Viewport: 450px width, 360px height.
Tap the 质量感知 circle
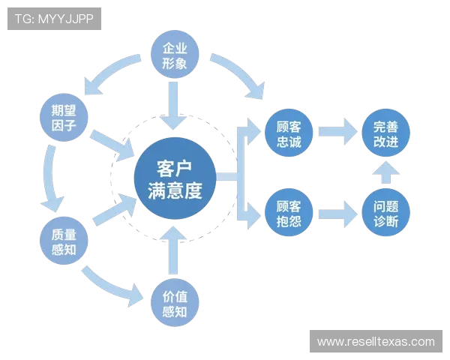pos(64,240)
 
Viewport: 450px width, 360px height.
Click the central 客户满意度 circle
pos(175,178)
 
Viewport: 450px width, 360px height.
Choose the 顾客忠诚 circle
pos(289,133)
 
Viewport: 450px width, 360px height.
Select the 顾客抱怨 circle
pos(289,214)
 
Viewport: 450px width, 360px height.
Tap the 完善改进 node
pos(386,133)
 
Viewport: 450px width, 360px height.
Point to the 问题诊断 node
pos(386,214)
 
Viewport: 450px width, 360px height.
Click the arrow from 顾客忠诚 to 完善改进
pos(337,133)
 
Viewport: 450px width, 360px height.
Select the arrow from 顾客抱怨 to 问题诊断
pos(337,214)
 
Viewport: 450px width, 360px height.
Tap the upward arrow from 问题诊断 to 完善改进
pos(386,174)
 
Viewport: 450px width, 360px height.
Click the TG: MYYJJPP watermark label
pos(54,19)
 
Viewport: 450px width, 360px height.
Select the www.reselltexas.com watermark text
pos(375,342)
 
